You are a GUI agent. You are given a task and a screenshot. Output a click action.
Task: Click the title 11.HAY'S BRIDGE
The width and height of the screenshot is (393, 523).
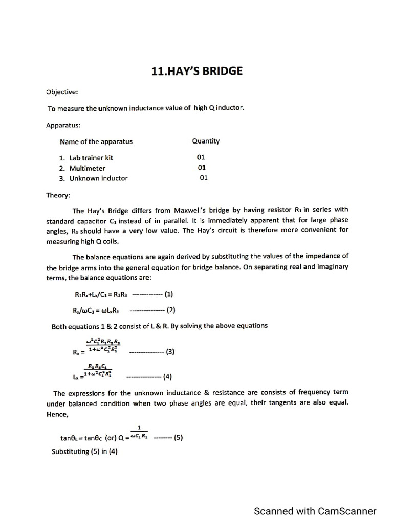(197, 71)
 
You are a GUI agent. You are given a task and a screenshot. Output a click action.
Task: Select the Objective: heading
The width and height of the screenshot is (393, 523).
(62, 92)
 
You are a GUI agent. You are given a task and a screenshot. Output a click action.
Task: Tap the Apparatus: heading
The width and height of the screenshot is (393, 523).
(63, 125)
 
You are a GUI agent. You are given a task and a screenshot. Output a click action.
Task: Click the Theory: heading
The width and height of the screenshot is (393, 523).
(58, 195)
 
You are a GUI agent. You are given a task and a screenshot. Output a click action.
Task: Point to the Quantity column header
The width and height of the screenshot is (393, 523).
(206, 141)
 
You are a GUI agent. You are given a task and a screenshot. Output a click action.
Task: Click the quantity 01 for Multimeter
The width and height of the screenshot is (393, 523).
(202, 168)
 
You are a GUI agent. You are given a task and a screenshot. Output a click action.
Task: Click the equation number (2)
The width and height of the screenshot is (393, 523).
(171, 310)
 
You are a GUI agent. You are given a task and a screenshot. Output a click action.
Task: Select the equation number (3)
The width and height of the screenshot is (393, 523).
(170, 351)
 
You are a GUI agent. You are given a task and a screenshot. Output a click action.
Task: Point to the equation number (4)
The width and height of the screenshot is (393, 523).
(167, 377)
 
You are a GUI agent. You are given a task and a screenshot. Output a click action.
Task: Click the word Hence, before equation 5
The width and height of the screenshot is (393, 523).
(57, 414)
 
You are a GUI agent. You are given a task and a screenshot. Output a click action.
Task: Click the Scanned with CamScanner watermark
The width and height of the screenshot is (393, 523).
(315, 511)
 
